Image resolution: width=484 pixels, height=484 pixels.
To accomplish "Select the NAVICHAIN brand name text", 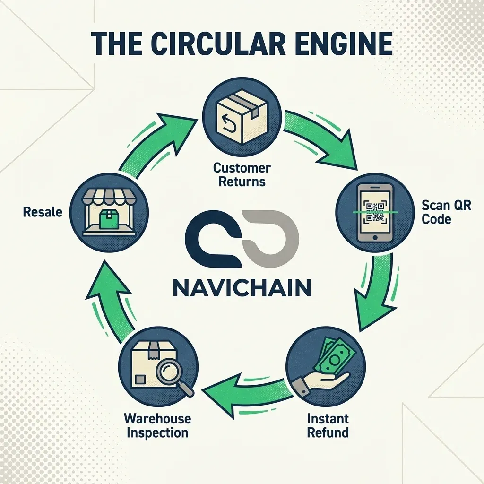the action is pos(242,288).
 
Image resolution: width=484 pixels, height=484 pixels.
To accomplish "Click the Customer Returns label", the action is pos(242,175).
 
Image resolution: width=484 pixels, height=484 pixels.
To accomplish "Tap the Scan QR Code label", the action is pos(446,212).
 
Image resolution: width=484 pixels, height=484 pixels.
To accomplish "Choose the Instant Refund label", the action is pos(328,426).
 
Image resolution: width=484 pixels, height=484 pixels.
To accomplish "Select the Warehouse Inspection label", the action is pos(157,426).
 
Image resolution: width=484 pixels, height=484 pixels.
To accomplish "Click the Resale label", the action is pos(43,212).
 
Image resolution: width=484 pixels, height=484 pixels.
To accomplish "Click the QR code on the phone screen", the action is pos(375,212).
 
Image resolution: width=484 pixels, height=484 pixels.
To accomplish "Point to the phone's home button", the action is pos(375,237).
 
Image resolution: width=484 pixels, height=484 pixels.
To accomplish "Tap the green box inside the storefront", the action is pos(109,219).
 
